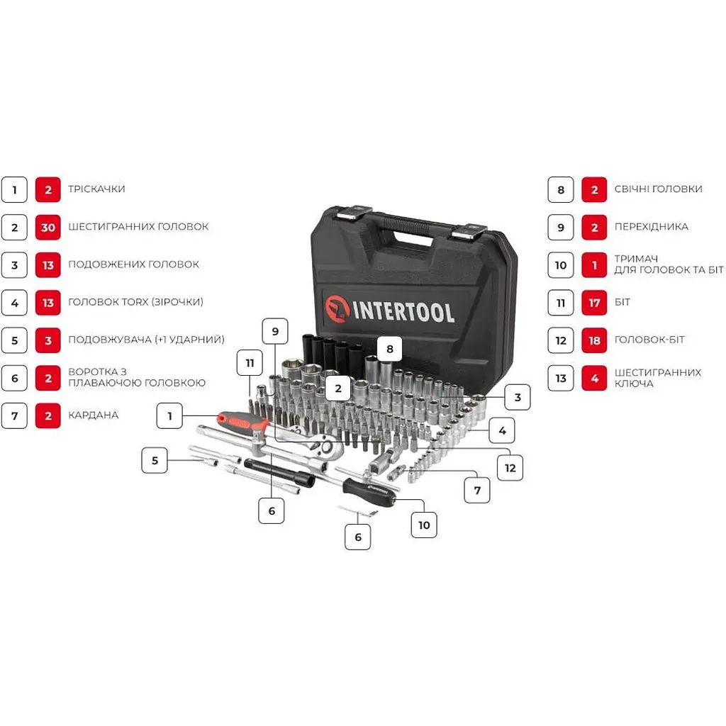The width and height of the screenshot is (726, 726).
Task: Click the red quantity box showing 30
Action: (48, 228)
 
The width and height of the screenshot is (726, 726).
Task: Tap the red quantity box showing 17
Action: (594, 303)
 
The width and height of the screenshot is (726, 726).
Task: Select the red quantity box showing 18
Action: (594, 341)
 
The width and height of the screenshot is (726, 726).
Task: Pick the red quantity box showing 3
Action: (48, 341)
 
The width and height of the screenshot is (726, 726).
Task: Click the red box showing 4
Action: (594, 379)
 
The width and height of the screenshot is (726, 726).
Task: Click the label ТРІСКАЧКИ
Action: (96, 189)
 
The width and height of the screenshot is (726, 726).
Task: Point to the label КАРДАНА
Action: (93, 415)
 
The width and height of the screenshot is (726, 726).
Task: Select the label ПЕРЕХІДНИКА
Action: (651, 227)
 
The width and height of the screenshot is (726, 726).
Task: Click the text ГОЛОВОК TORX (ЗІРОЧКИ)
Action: (135, 302)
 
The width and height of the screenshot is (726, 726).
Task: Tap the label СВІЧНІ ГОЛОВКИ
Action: (659, 189)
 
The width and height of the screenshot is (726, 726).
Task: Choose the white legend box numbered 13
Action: (561, 379)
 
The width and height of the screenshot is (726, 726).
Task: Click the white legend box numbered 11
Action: (561, 303)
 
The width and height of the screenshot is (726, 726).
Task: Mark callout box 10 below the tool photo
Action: (424, 525)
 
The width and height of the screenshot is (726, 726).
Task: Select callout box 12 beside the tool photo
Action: (510, 468)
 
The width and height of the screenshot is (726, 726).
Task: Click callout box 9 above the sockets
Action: (275, 332)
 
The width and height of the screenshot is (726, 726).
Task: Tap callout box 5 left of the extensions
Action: (155, 460)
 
